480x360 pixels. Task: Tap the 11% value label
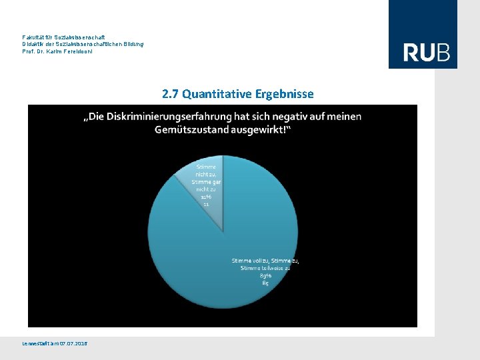207,197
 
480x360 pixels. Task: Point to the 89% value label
265,275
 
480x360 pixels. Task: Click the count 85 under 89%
265,283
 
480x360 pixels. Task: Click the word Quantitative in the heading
214,94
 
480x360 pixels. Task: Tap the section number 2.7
170,94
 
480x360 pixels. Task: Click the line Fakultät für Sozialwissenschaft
63,37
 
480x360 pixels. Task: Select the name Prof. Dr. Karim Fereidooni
57,51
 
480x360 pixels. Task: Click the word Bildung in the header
131,44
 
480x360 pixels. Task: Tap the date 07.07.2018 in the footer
73,343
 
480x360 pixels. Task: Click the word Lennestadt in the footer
36,343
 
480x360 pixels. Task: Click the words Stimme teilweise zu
265,268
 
